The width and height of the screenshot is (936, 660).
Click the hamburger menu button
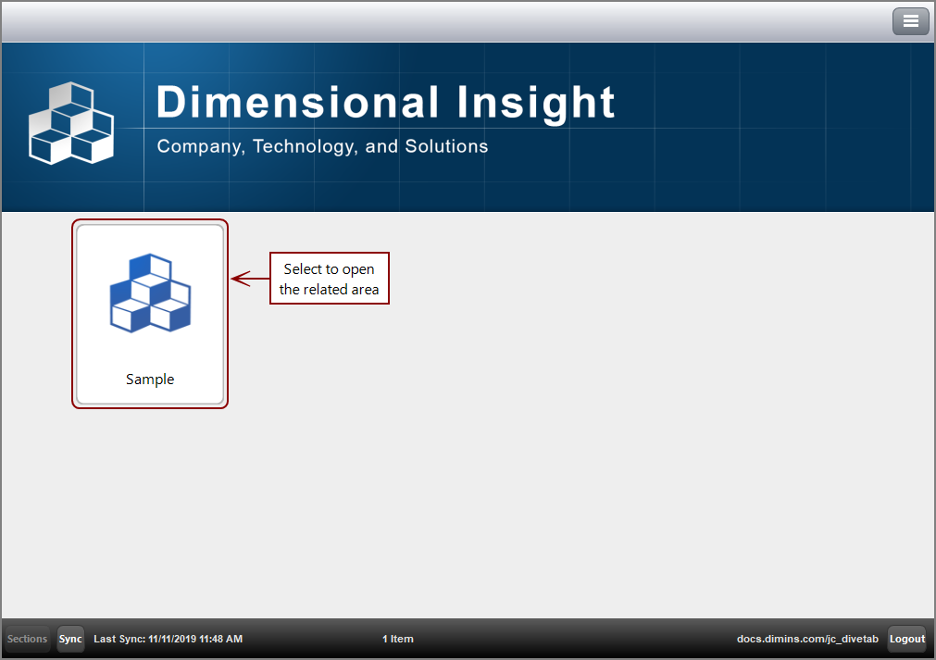pyautogui.click(x=910, y=21)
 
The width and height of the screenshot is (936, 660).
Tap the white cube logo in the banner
pyautogui.click(x=71, y=123)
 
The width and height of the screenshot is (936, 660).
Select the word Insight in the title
pyautogui.click(x=536, y=104)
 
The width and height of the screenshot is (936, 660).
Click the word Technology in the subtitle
pyautogui.click(x=305, y=146)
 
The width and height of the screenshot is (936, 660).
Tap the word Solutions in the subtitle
pyautogui.click(x=446, y=146)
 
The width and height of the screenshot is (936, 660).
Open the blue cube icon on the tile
pyautogui.click(x=150, y=293)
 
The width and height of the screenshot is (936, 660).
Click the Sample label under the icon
pyautogui.click(x=150, y=380)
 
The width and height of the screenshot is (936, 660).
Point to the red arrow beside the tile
pyautogui.click(x=250, y=278)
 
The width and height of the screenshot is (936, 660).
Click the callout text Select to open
pyautogui.click(x=329, y=269)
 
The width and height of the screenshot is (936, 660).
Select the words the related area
pyautogui.click(x=329, y=290)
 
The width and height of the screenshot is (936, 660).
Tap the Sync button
pyautogui.click(x=70, y=639)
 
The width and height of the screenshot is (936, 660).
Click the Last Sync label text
pyautogui.click(x=119, y=639)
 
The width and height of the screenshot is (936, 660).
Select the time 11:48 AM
pyautogui.click(x=221, y=639)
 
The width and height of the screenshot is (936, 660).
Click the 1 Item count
pyautogui.click(x=398, y=639)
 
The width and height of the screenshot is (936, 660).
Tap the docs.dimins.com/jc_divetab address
pyautogui.click(x=807, y=639)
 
